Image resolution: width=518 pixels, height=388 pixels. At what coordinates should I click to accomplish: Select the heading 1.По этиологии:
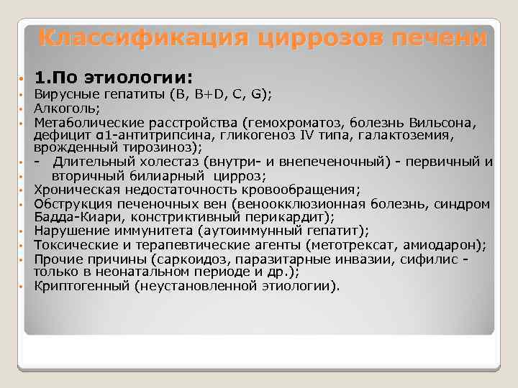tap(114, 76)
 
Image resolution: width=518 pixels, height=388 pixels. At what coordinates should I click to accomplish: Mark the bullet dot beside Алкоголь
tap(23, 108)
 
